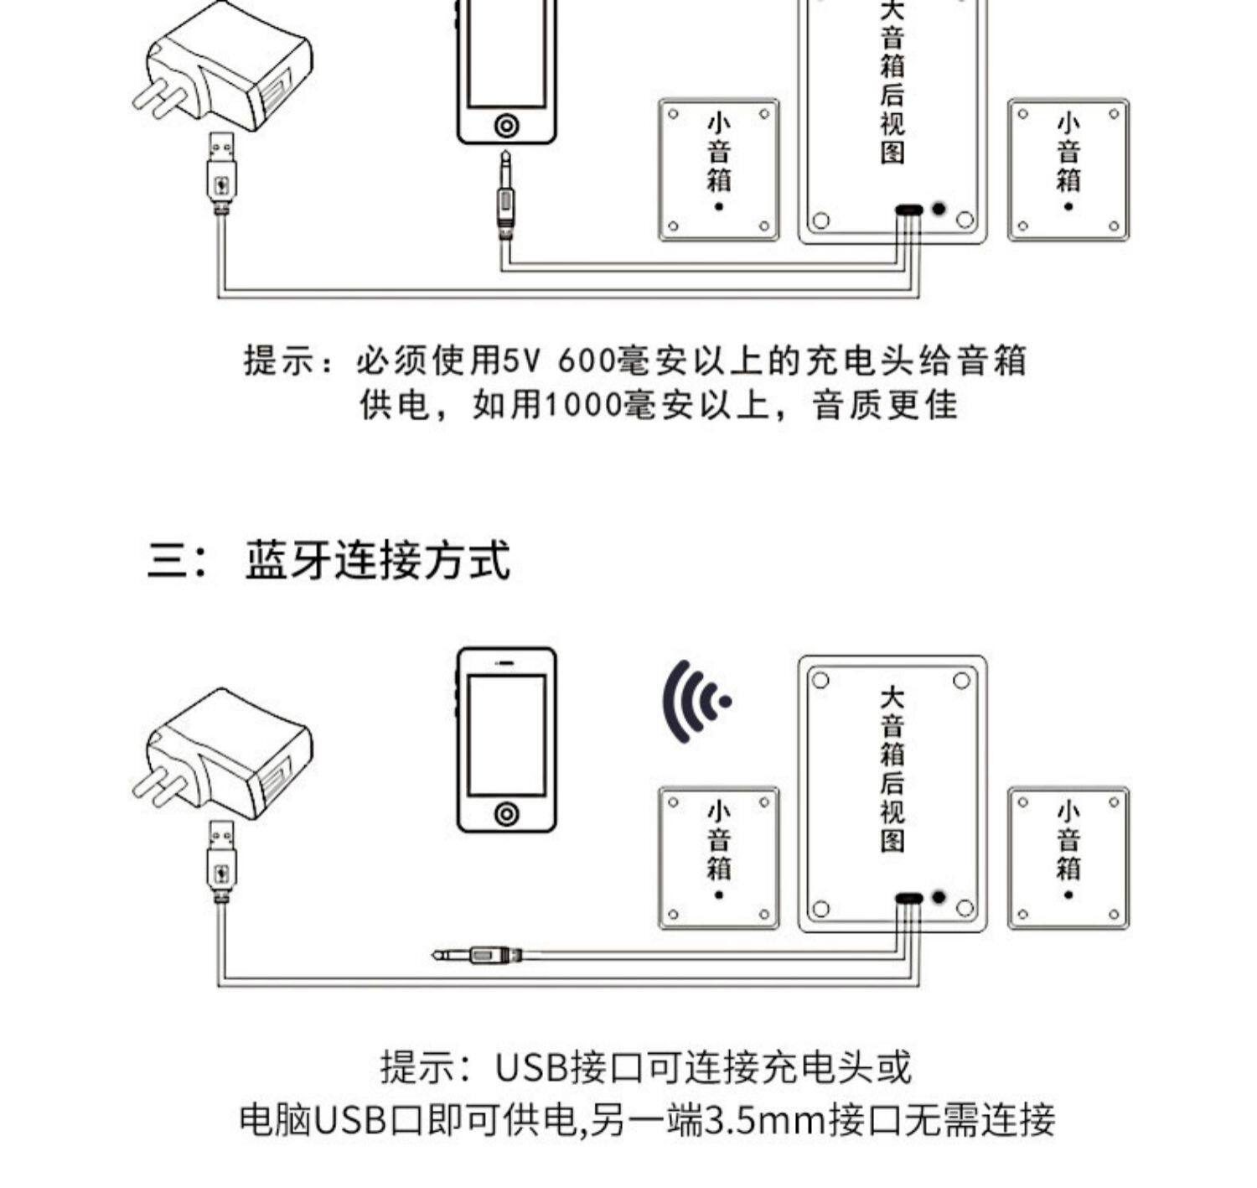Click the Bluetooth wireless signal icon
695,703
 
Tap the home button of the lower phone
506,812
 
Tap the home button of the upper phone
506,126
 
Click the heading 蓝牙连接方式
376,561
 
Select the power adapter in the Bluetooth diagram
224,753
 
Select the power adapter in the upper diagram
224,67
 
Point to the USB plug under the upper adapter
221,172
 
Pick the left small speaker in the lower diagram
719,857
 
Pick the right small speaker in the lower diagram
1068,857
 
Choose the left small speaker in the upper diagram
719,169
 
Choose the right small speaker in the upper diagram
1068,169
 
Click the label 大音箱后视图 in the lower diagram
892,770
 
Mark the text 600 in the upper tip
585,361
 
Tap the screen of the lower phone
506,734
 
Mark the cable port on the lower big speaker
908,898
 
